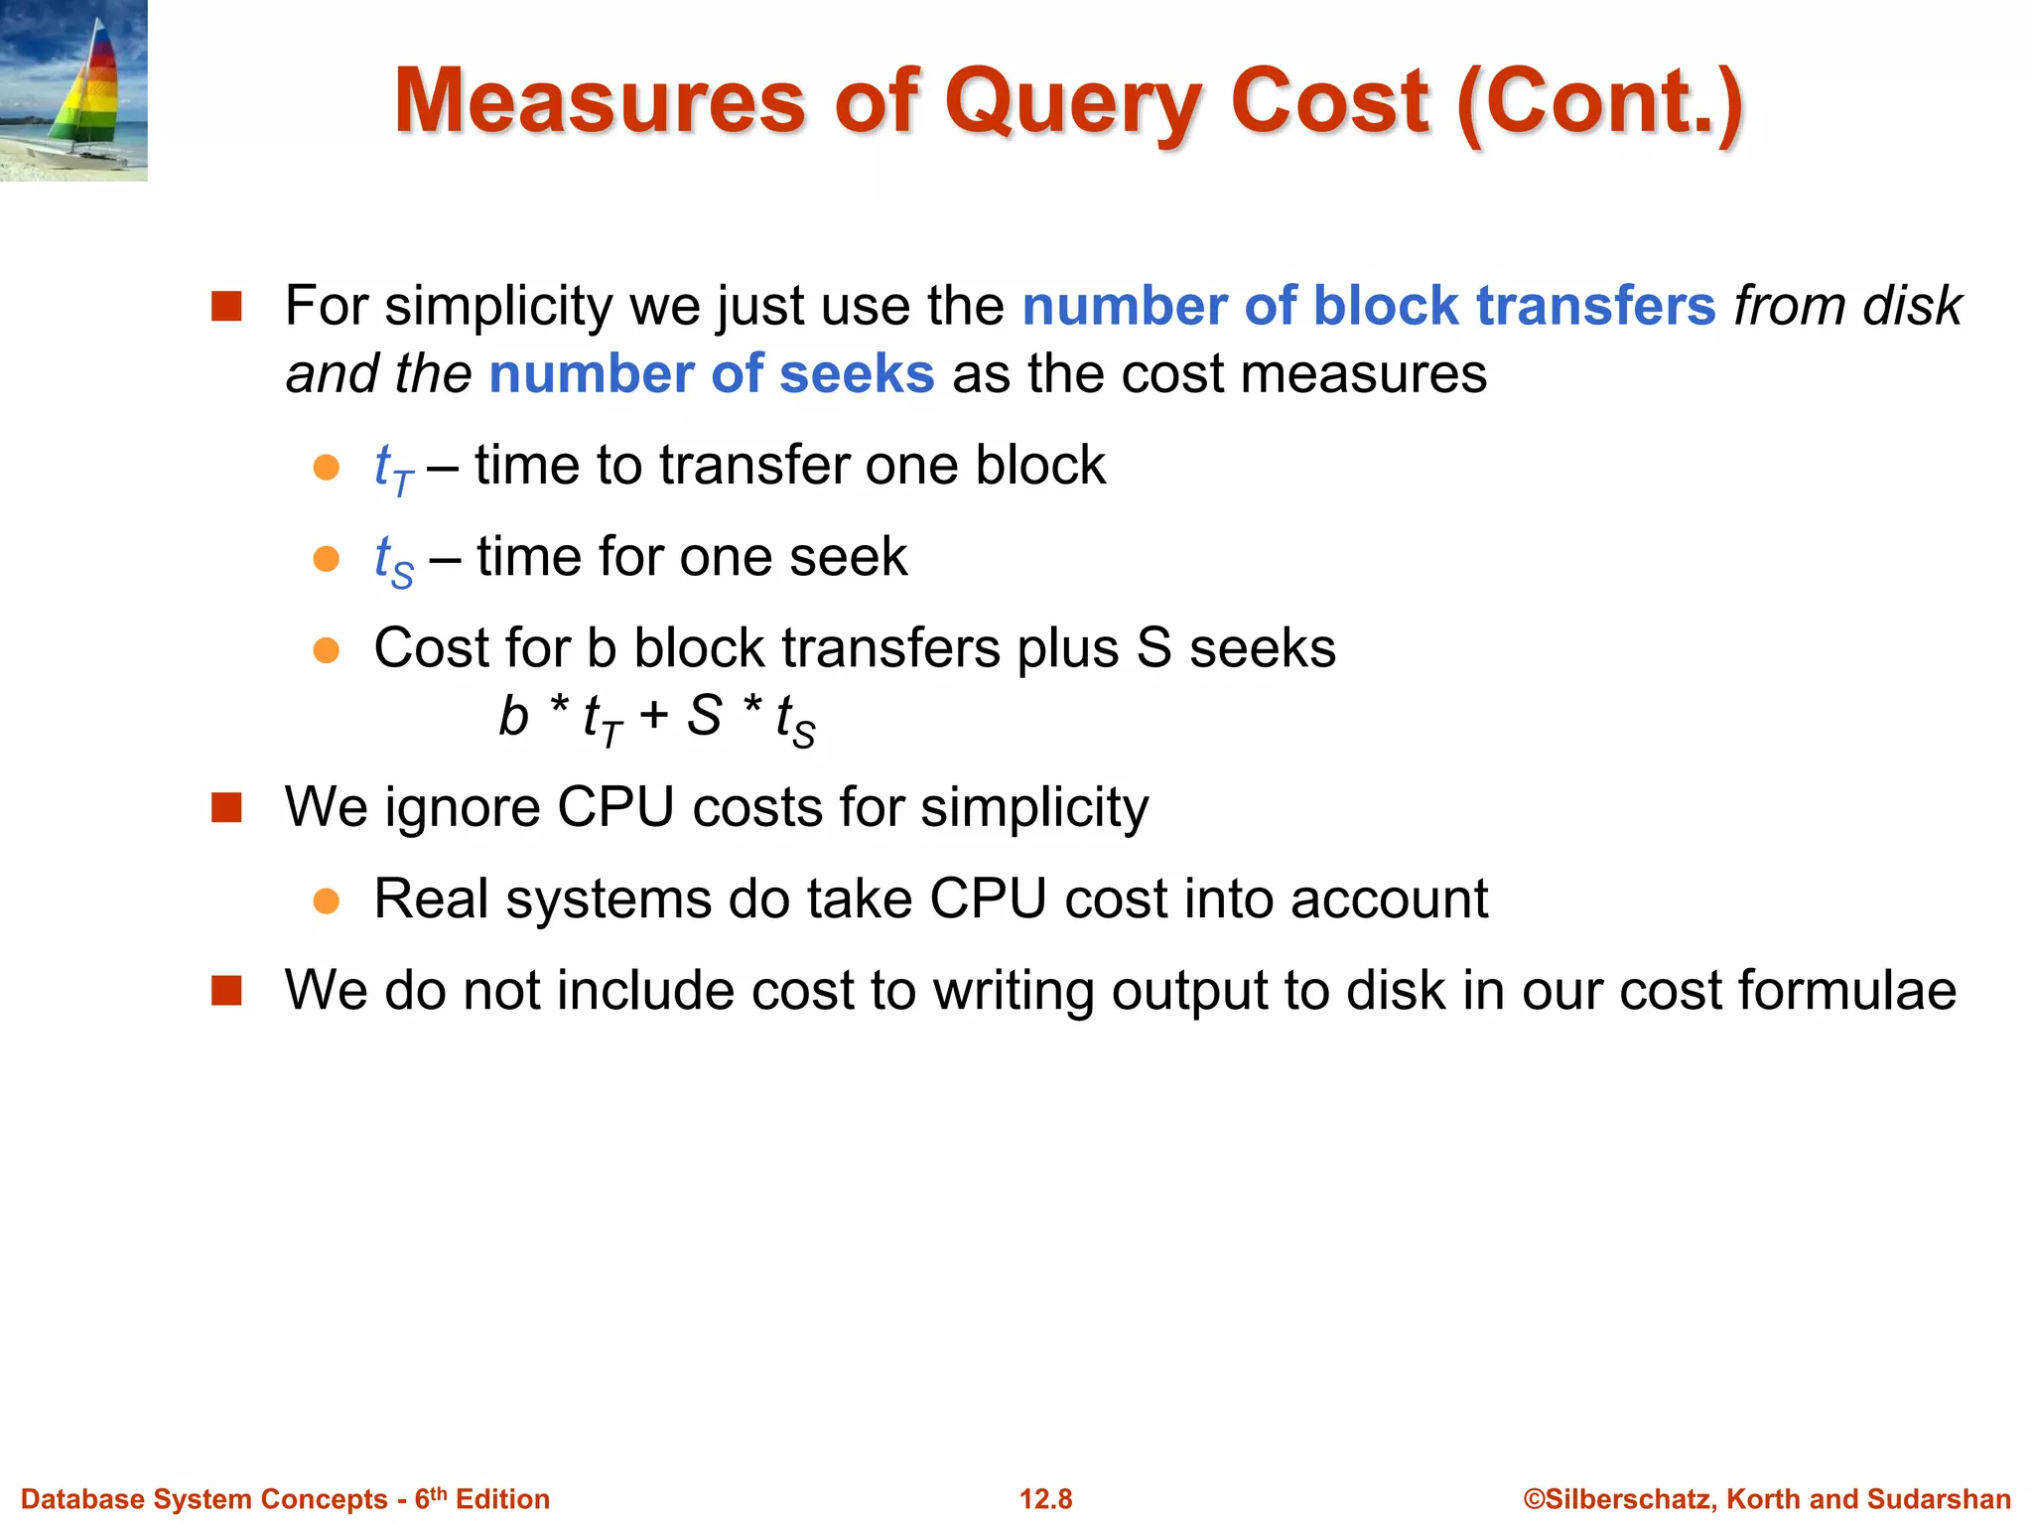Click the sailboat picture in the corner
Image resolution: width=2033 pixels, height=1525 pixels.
(x=73, y=89)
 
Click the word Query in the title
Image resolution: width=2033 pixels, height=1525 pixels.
(x=1072, y=103)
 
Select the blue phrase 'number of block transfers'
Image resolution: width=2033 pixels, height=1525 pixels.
(x=1368, y=306)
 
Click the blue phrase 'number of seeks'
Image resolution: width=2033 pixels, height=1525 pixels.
(x=711, y=374)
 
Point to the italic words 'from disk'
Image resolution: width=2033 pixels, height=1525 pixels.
(x=1847, y=306)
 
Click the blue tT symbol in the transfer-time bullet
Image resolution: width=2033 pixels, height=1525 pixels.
(x=393, y=468)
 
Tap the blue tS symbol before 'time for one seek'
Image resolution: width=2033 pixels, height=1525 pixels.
(x=393, y=559)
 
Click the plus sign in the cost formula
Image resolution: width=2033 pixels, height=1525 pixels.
(x=653, y=715)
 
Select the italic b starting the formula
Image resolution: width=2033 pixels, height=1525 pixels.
(x=513, y=716)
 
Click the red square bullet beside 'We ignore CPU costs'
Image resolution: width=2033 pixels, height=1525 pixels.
(x=226, y=807)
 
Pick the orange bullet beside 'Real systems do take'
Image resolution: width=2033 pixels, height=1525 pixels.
(x=326, y=901)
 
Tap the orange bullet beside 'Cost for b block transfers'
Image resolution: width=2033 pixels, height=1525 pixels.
(x=326, y=650)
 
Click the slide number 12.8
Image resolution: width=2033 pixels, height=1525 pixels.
(x=1045, y=1499)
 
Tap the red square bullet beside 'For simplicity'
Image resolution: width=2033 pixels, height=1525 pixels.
(x=226, y=306)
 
